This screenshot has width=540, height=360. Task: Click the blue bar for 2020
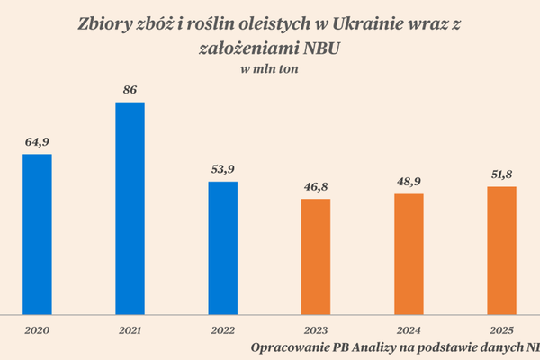coord(37,234)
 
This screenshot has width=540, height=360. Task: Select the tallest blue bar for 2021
coord(130,208)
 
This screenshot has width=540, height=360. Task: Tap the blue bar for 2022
coord(223,247)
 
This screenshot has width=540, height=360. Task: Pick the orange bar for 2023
coord(316,256)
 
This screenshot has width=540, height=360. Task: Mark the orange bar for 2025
coord(501,250)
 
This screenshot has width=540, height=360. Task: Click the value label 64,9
coord(37,142)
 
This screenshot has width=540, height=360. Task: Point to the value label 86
coord(130,90)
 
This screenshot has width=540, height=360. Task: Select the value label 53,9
coord(223,169)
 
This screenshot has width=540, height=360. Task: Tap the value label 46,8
coord(316,187)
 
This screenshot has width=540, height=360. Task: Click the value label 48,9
coord(409,182)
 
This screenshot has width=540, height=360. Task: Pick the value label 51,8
coord(501,175)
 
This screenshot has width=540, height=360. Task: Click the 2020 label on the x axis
coord(37,330)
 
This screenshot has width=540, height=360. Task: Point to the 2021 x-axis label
coord(130,330)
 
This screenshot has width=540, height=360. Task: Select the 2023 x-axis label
coord(316,330)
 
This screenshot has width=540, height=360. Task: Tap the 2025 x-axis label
coord(501,330)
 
